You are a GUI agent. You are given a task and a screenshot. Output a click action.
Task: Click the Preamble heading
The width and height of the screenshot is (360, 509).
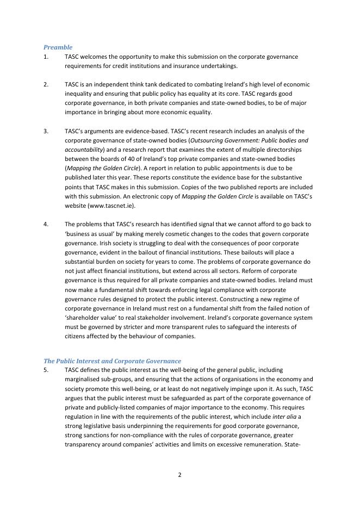click(x=58, y=47)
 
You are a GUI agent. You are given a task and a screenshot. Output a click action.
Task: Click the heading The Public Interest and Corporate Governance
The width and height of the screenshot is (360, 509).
click(x=112, y=361)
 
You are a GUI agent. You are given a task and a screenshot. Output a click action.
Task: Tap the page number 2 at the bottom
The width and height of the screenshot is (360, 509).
click(x=180, y=475)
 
